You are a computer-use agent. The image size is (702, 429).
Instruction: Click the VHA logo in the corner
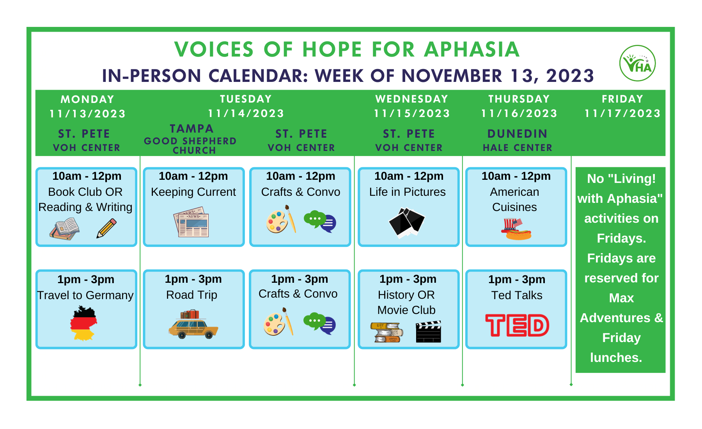637,63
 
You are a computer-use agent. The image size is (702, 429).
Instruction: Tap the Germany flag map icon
83,323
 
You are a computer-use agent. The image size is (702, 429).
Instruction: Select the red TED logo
517,325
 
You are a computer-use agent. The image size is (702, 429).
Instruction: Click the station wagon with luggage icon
193,324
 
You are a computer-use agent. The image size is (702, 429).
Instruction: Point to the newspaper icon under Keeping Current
191,224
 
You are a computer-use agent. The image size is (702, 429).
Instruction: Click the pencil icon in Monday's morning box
106,228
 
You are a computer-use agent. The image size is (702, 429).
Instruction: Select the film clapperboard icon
428,332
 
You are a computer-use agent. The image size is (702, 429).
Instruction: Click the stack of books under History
386,332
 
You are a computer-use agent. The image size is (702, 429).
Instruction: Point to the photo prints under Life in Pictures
406,223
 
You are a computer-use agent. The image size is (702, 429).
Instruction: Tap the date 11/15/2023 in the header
412,113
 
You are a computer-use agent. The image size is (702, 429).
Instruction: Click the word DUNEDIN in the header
517,134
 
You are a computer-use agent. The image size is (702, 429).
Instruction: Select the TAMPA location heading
191,129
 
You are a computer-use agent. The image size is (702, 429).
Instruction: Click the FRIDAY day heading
622,99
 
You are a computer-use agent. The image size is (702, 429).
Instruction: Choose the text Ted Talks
517,295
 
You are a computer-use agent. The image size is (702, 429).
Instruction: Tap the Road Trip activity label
191,295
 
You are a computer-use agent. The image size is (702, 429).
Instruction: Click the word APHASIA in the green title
472,50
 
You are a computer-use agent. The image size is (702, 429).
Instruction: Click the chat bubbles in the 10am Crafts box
320,222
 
